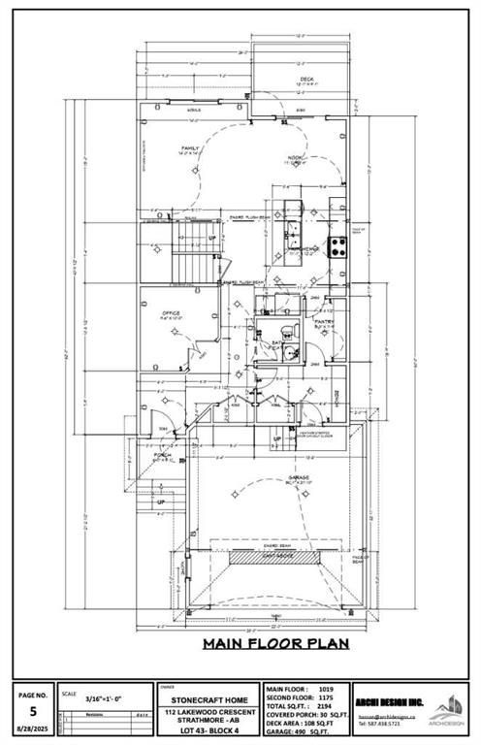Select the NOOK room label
point(295,160)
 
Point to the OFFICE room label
point(171,313)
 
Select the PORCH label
point(161,457)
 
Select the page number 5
point(32,711)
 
